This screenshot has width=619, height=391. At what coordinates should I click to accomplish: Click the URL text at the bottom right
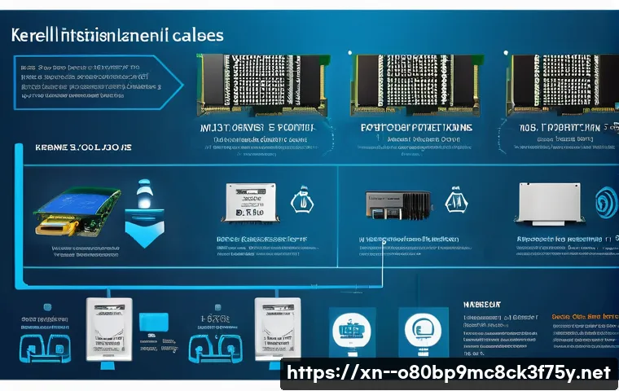[x=450, y=373]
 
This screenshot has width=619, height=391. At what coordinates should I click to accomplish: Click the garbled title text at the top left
[x=114, y=37]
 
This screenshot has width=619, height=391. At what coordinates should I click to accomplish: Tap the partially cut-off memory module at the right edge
[x=562, y=84]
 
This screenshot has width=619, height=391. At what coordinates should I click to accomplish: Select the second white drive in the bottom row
[x=273, y=326]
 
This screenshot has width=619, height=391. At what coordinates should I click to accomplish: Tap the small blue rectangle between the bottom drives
[x=152, y=322]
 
